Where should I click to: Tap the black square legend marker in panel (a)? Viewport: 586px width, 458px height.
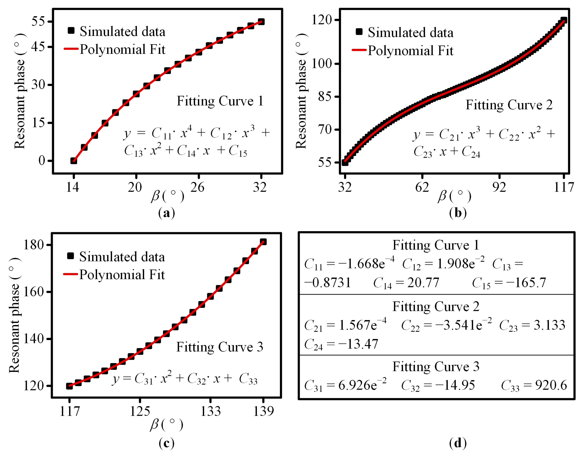[x=71, y=31]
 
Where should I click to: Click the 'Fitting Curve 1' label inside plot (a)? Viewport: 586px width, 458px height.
[x=220, y=101]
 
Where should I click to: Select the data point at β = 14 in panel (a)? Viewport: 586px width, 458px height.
[x=74, y=161]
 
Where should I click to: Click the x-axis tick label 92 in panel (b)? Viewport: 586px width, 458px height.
[x=499, y=187]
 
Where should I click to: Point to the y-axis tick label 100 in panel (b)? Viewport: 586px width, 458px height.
[x=321, y=64]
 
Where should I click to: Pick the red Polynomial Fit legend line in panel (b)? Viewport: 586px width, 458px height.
[x=359, y=50]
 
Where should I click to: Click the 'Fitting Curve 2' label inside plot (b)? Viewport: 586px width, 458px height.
[x=509, y=105]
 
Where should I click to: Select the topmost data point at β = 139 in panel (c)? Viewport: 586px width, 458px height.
[x=263, y=242]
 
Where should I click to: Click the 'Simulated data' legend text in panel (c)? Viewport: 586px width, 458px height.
[x=122, y=257]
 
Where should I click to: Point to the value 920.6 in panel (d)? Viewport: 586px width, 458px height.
[x=551, y=385]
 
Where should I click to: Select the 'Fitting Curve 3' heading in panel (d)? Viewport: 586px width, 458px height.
[x=436, y=367]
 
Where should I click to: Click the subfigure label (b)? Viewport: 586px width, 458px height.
[x=458, y=213]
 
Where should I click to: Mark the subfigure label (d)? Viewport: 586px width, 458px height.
[x=458, y=443]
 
